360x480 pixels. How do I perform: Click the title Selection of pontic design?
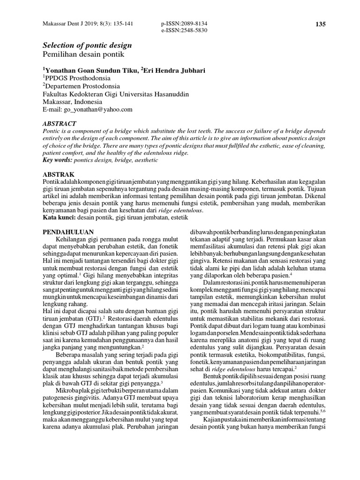coord(87,45)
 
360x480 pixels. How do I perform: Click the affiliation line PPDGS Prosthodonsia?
coord(77,78)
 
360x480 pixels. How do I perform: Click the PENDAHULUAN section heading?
coord(68,232)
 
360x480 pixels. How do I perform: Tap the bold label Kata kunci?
coord(59,217)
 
